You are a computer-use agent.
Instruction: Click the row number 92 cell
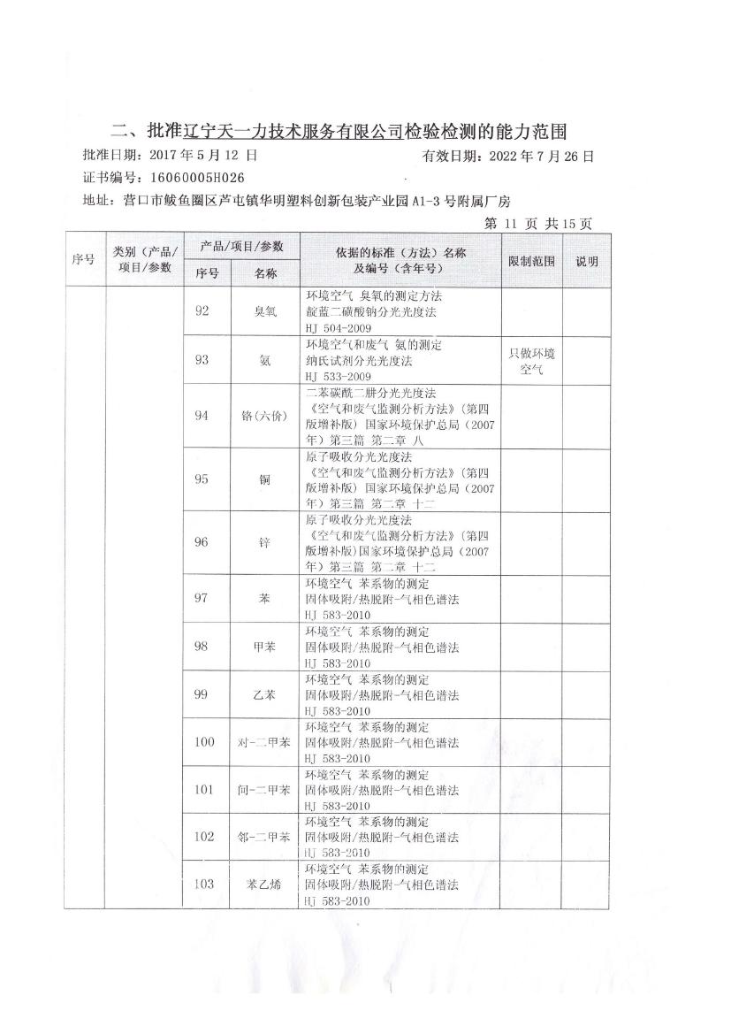tap(202, 310)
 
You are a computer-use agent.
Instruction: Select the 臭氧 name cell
tap(265, 310)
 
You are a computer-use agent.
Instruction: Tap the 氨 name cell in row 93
tap(265, 359)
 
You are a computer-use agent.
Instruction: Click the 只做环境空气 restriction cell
tap(532, 359)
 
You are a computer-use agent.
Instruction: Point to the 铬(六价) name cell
tap(265, 416)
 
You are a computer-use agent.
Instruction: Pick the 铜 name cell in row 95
tap(265, 479)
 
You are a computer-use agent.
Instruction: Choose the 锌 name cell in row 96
tap(265, 543)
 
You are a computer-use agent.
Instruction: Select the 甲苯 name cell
tap(265, 647)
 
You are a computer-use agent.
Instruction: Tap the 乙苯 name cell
tap(265, 694)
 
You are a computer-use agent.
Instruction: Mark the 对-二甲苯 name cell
tap(265, 742)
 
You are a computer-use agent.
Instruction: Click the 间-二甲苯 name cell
tap(265, 790)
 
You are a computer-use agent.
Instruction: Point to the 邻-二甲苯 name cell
tap(265, 837)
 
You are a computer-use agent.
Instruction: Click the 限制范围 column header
tap(532, 261)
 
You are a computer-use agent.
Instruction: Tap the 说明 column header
tap(587, 261)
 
